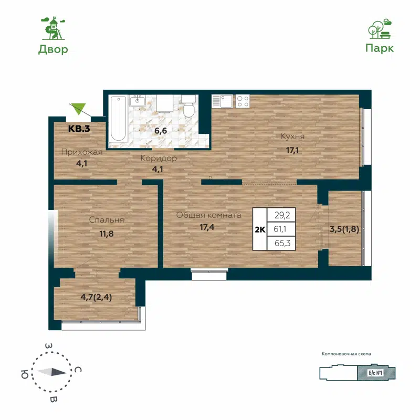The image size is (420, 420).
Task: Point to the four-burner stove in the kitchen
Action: pyautogui.click(x=243, y=100)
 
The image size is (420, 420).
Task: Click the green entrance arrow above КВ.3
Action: pyautogui.click(x=78, y=108)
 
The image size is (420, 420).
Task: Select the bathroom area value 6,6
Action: pyautogui.click(x=160, y=130)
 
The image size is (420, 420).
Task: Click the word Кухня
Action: pyautogui.click(x=293, y=136)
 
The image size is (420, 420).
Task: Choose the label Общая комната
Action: pyautogui.click(x=208, y=215)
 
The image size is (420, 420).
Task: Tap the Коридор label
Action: pyautogui.click(x=158, y=158)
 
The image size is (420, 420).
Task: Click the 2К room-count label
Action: pyautogui.click(x=259, y=229)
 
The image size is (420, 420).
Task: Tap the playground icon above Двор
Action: pyautogui.click(x=53, y=28)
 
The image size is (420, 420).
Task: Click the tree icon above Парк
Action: pyautogui.click(x=379, y=29)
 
